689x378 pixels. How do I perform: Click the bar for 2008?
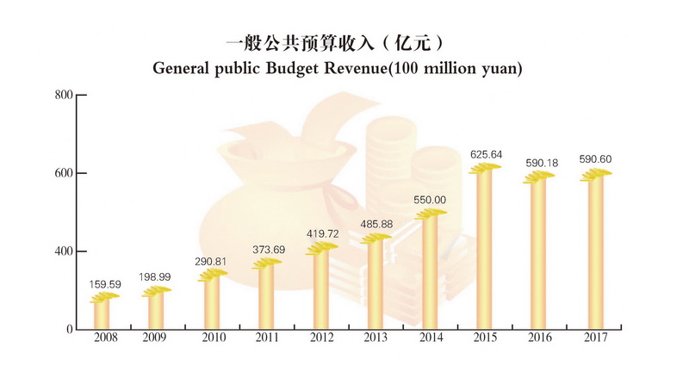pyautogui.click(x=102, y=313)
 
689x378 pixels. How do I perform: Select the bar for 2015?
pyautogui.click(x=486, y=251)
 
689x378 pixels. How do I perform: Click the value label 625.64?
pyautogui.click(x=486, y=155)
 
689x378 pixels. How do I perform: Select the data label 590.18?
pyautogui.click(x=541, y=163)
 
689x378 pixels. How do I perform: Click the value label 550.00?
pyautogui.click(x=430, y=200)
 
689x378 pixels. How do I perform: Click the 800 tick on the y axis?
pyautogui.click(x=63, y=95)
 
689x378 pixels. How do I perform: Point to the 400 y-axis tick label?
pyautogui.click(x=63, y=251)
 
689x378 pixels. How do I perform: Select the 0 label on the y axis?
pyautogui.click(x=68, y=330)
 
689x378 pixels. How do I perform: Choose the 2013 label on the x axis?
pyautogui.click(x=376, y=338)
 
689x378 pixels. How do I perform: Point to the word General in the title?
pyautogui.click(x=182, y=67)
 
